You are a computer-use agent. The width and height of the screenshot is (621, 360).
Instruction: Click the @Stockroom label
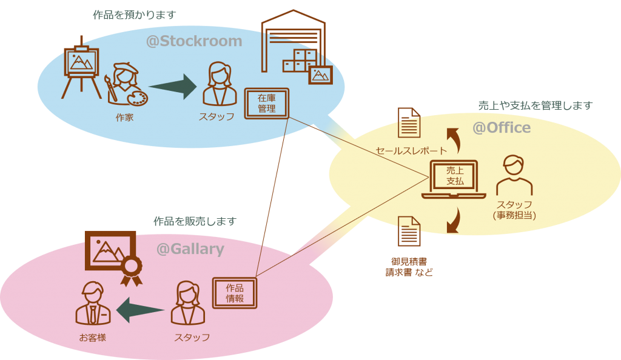pos(194,42)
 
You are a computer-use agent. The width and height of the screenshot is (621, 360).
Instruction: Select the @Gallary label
pos(190,249)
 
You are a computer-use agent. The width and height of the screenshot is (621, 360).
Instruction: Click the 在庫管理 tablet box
pos(267,103)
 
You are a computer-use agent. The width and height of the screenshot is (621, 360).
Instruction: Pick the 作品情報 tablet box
pos(235,293)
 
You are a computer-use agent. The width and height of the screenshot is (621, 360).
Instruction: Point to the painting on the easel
pos(81,61)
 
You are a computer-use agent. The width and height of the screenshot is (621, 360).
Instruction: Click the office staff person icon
pos(514,176)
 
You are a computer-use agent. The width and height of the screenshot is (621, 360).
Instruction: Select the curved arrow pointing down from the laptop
pos(452,221)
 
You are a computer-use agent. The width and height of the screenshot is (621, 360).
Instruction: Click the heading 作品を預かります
pos(134,15)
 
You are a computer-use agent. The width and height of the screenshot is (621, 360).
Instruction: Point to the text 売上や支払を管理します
pos(535,105)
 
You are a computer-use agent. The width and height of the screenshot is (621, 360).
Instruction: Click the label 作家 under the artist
pos(124,118)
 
